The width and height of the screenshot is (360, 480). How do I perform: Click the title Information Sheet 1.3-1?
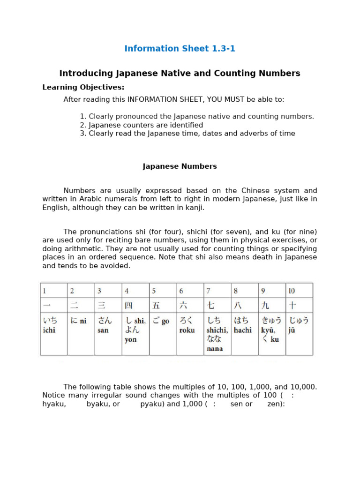tap(180, 49)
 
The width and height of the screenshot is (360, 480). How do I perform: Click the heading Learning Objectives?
tap(83, 87)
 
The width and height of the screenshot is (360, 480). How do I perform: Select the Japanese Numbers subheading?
tap(180, 166)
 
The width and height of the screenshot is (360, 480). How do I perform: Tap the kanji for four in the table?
tap(128, 306)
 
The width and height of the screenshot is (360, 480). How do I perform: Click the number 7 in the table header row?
tap(209, 291)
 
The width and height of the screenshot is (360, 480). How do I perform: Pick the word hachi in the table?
tap(243, 330)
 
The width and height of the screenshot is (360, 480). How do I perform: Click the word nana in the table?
tap(215, 349)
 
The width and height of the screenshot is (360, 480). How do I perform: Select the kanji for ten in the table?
tap(292, 306)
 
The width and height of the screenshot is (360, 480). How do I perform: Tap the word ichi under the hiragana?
tap(49, 330)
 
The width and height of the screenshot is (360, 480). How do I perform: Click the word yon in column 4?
tap(130, 339)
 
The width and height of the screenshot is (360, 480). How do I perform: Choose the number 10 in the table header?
tap(292, 291)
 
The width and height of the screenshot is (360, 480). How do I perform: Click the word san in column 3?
tap(103, 330)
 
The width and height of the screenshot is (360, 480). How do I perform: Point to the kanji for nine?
tap(265, 306)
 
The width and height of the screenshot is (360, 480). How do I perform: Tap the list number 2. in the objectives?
tap(83, 125)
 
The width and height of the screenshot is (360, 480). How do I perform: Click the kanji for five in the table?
tap(156, 306)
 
